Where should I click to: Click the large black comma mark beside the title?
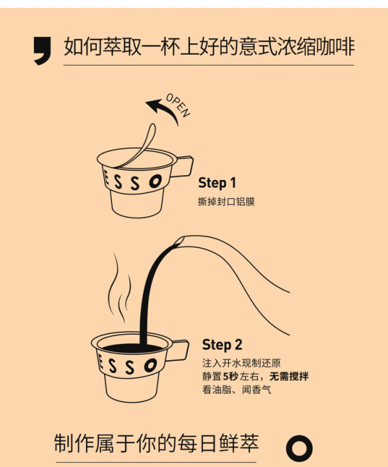tap(43, 49)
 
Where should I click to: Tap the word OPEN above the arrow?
tap(178, 106)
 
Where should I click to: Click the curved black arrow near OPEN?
tap(164, 110)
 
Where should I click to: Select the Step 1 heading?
tap(217, 183)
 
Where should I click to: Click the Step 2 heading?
tap(222, 345)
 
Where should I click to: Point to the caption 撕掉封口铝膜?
tap(226, 202)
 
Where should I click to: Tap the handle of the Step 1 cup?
tap(184, 166)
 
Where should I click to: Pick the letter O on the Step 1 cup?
tap(155, 181)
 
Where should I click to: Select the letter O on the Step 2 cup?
tap(151, 365)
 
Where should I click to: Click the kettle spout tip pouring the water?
tap(179, 241)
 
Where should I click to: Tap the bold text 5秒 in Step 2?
tap(230, 376)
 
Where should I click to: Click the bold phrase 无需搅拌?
tap(289, 376)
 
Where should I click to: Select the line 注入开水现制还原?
tap(242, 363)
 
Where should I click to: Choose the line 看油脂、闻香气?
tap(237, 389)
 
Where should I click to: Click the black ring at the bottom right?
tap(299, 448)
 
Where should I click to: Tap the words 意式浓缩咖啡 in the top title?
tap(297, 47)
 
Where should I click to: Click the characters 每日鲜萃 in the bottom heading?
tap(218, 444)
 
